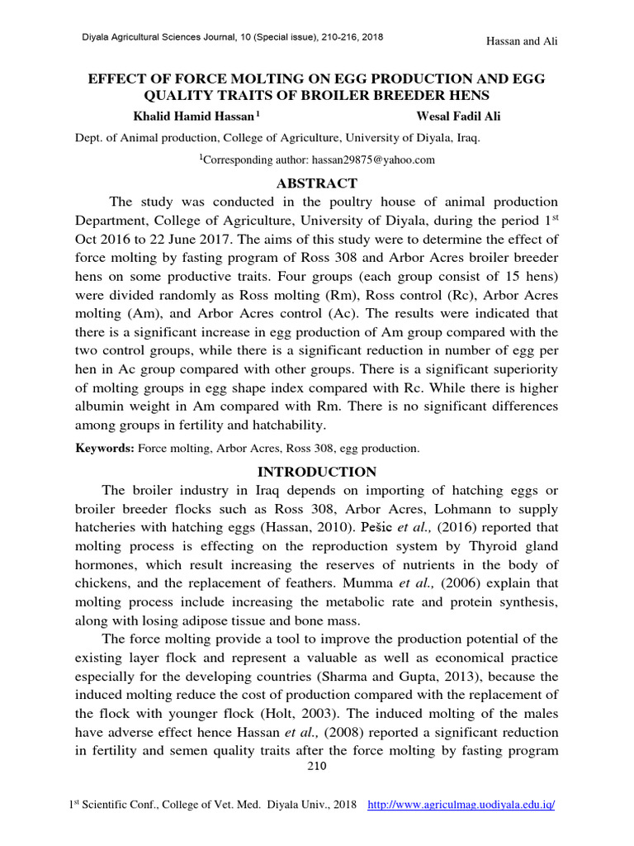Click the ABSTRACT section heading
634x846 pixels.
tap(317, 183)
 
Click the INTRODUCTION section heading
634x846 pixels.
tap(317, 472)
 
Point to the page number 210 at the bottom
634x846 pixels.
tap(317, 766)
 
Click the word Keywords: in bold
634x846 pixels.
tap(105, 449)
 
